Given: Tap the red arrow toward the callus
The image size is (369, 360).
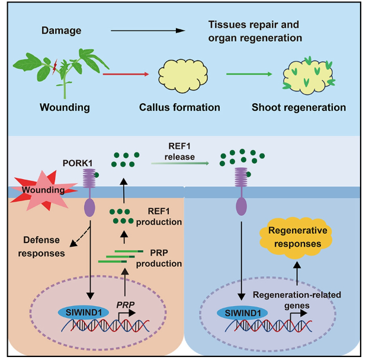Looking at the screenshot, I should tap(124, 75).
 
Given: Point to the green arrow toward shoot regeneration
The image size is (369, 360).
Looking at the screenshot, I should tap(246, 75).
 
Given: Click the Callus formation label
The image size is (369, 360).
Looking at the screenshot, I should tap(179, 107).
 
